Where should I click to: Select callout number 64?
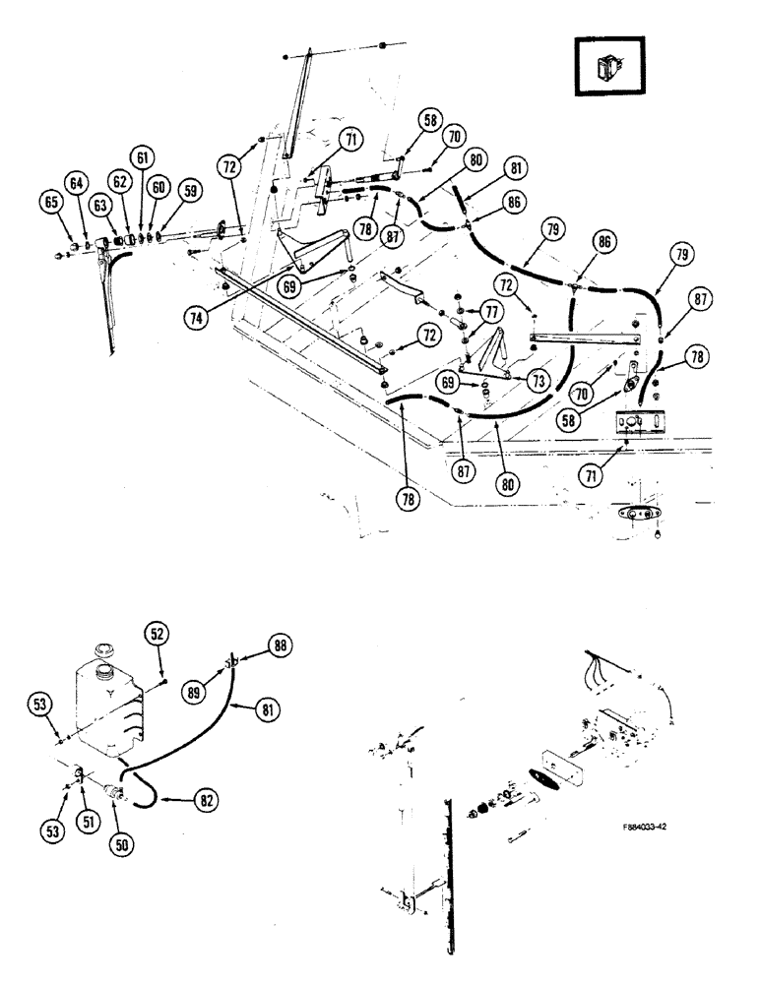pos(75,183)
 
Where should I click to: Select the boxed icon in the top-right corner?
pos(608,70)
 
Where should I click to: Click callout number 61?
pos(144,157)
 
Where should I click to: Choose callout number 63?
pos(99,205)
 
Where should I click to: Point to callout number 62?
pos(120,181)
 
